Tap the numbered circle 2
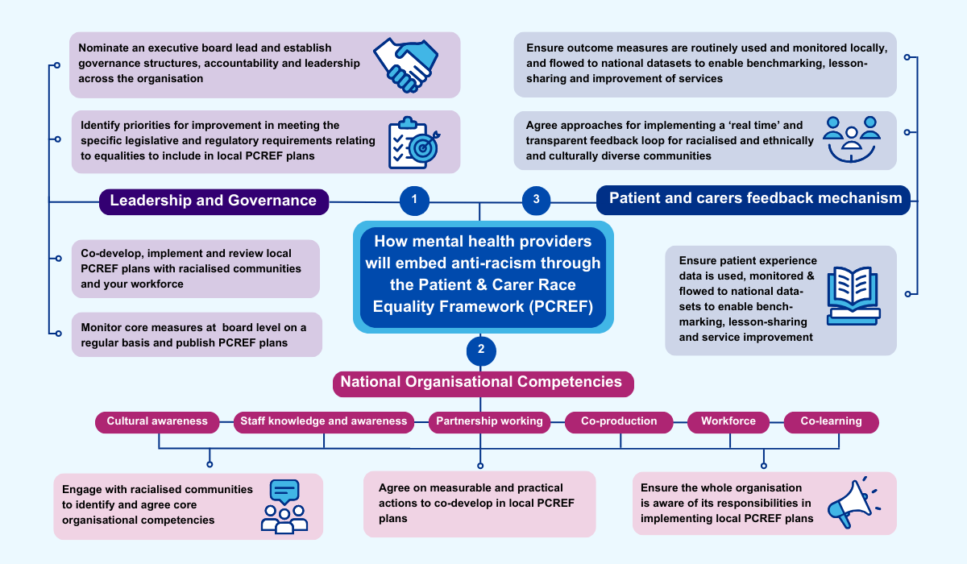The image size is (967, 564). click(x=481, y=350)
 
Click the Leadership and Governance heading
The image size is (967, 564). click(x=214, y=201)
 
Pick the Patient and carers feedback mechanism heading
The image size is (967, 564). click(x=753, y=199)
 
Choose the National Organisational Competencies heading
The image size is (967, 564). click(x=482, y=383)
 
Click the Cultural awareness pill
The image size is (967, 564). click(x=157, y=421)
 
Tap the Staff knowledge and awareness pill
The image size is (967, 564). click(x=324, y=421)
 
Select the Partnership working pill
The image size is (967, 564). click(x=489, y=421)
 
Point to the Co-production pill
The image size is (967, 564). click(x=619, y=421)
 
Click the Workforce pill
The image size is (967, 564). click(x=728, y=421)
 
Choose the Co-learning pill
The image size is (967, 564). click(x=831, y=421)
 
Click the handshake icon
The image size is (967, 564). click(x=405, y=64)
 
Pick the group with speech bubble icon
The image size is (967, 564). click(x=284, y=506)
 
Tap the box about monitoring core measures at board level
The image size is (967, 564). click(x=197, y=335)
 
